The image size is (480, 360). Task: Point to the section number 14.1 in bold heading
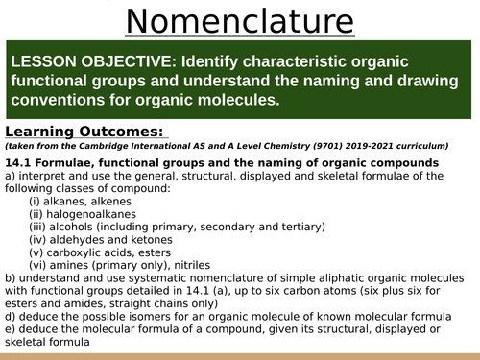(20, 162)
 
